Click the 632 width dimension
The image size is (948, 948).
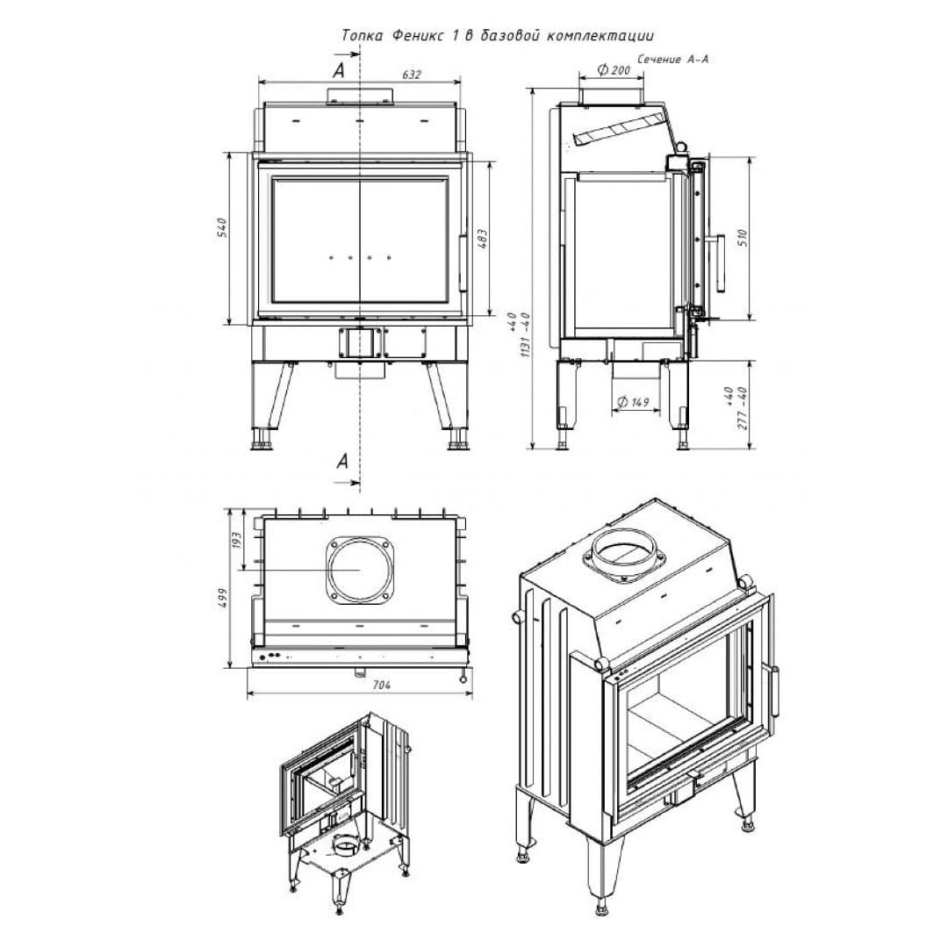(411, 75)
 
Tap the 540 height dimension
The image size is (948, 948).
(222, 227)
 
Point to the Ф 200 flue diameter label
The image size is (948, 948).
(614, 70)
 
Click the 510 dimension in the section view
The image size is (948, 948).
(743, 237)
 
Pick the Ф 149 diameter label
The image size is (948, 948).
(632, 401)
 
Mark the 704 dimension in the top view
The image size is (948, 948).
(382, 685)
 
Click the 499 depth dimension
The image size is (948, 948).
(222, 597)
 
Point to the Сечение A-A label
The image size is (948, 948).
(672, 60)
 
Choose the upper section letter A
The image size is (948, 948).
(340, 71)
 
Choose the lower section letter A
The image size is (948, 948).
(343, 462)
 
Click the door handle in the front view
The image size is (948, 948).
(463, 263)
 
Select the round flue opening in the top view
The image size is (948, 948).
(361, 570)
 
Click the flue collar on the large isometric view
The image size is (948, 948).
(624, 554)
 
